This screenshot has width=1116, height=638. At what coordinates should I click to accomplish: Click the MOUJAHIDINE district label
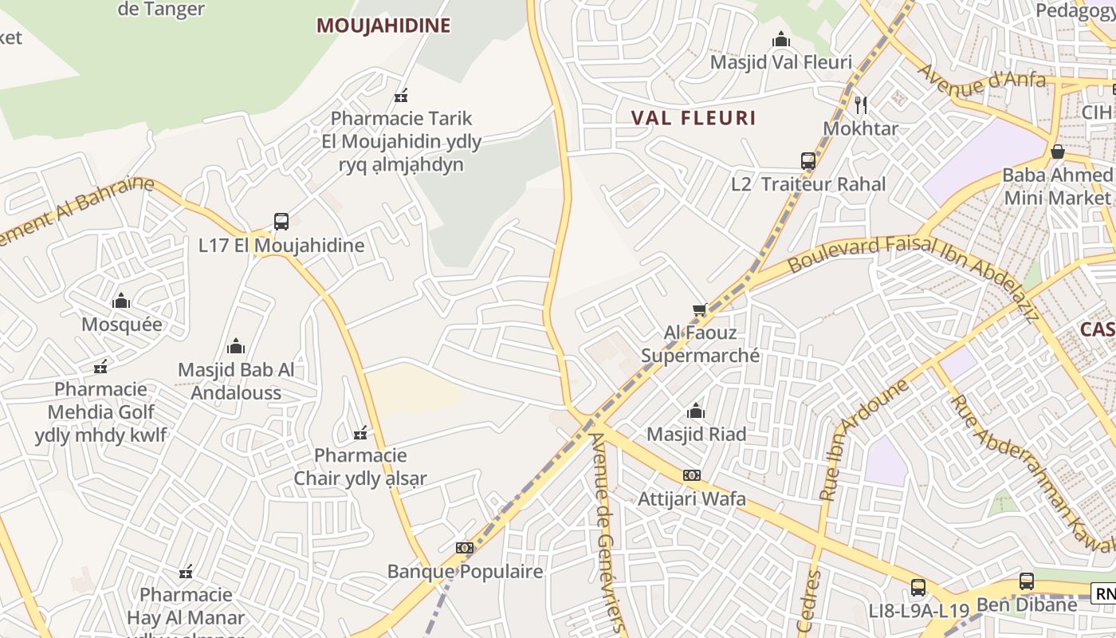(383, 26)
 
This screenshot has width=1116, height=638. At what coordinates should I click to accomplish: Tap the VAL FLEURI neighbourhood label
(694, 118)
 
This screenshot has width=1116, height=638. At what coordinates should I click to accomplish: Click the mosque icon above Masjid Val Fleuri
(780, 40)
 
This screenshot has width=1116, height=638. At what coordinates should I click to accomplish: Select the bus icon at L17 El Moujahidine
(281, 222)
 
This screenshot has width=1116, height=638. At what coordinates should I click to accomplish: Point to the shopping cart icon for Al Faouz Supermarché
(700, 309)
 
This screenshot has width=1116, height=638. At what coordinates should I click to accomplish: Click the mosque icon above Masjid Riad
(696, 412)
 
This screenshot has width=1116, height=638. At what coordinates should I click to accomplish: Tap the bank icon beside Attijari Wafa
(691, 475)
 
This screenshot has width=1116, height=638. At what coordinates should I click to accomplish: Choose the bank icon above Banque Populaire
(464, 548)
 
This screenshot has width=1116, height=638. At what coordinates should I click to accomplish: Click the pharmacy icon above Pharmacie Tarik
(401, 96)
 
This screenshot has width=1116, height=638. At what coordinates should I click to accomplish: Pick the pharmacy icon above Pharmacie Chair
(360, 433)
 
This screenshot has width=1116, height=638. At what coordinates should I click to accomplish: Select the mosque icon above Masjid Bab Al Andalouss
(236, 346)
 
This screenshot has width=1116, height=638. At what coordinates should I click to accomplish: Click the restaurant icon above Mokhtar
(860, 104)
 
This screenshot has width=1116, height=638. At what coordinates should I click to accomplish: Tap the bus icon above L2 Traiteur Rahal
(808, 161)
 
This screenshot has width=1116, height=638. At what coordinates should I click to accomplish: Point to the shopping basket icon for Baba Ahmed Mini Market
(1058, 152)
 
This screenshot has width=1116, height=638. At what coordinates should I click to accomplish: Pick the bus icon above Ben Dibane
(1027, 581)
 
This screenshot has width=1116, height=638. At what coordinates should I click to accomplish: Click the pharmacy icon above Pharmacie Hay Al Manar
(186, 572)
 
